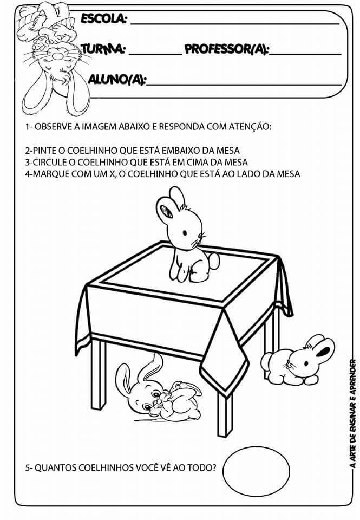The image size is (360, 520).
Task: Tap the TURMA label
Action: (x=103, y=49)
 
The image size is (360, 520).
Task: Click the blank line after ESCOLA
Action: (x=235, y=24)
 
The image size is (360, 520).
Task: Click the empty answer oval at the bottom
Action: (x=256, y=470)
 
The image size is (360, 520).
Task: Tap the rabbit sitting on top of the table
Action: (x=186, y=236)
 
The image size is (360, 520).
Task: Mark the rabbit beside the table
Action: (x=297, y=361)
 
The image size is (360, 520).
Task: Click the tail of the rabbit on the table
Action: (x=214, y=261)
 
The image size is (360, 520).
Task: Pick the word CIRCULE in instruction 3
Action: (x=54, y=162)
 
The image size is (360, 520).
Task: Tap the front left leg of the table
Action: (x=99, y=375)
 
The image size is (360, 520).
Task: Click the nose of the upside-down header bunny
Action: (x=59, y=52)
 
